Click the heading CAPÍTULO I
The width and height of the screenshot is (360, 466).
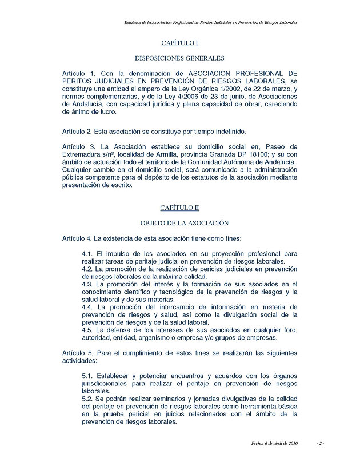pyautogui.click(x=179, y=43)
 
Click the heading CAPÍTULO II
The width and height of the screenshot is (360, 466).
pyautogui.click(x=179, y=208)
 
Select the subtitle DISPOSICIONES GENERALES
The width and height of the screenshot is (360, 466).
pyautogui.click(x=179, y=58)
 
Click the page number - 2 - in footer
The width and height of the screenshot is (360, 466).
pyautogui.click(x=320, y=443)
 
